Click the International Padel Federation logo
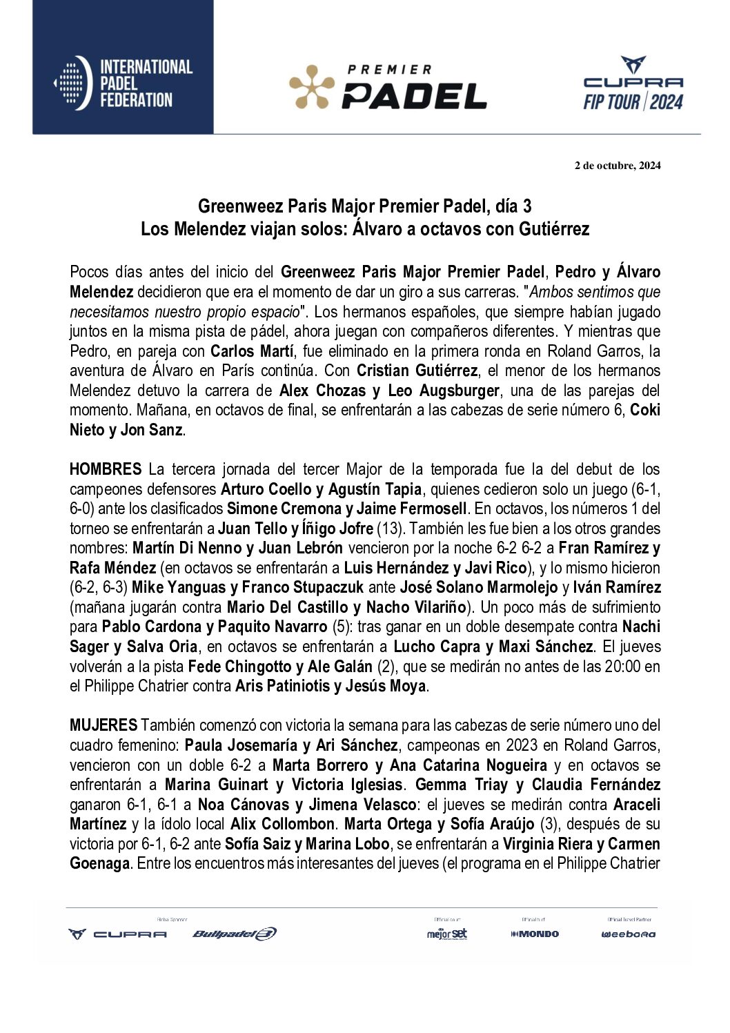pos(123,83)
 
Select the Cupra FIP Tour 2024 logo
pos(633,84)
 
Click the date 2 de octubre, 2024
pos(618,166)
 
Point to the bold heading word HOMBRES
pos(106,470)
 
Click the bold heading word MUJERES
pos(103,726)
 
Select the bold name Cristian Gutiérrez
pos(417,371)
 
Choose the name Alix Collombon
pos(282,825)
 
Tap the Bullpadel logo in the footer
pos(235,934)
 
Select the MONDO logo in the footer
pos(535,934)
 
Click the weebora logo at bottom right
pos(628,934)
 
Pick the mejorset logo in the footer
pos(447,934)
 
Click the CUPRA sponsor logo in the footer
pos(118,934)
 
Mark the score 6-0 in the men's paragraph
pos(83,509)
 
